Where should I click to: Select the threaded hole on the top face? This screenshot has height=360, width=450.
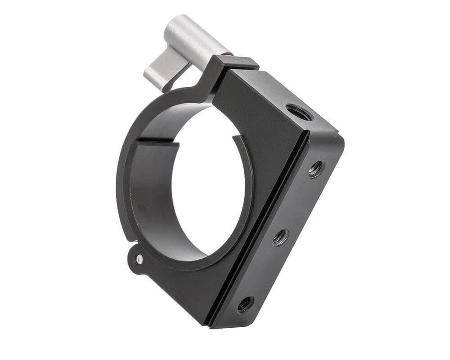[299, 112]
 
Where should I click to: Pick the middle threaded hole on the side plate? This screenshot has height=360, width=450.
[280, 237]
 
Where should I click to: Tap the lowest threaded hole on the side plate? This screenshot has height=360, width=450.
[245, 304]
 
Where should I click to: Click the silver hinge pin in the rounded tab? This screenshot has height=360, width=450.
[139, 259]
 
